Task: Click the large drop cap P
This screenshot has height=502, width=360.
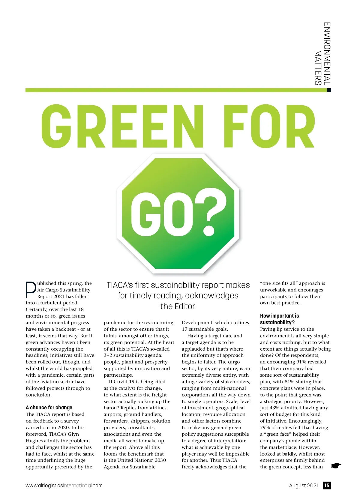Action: pos(31,290)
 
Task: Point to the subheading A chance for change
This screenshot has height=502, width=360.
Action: pos(49,408)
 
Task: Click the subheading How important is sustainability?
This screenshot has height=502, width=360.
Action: pos(279,319)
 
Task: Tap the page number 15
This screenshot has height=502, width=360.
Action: pos(327,486)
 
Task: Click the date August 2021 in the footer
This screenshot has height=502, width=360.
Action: pos(303,486)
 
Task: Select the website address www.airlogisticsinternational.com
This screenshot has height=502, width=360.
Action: pos(64,486)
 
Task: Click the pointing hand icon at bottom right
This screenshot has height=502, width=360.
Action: pos(336,466)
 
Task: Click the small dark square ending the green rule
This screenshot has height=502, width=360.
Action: pos(329,90)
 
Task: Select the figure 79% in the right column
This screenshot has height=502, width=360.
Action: pos(265,428)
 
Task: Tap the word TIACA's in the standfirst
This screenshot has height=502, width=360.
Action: pos(120,285)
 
